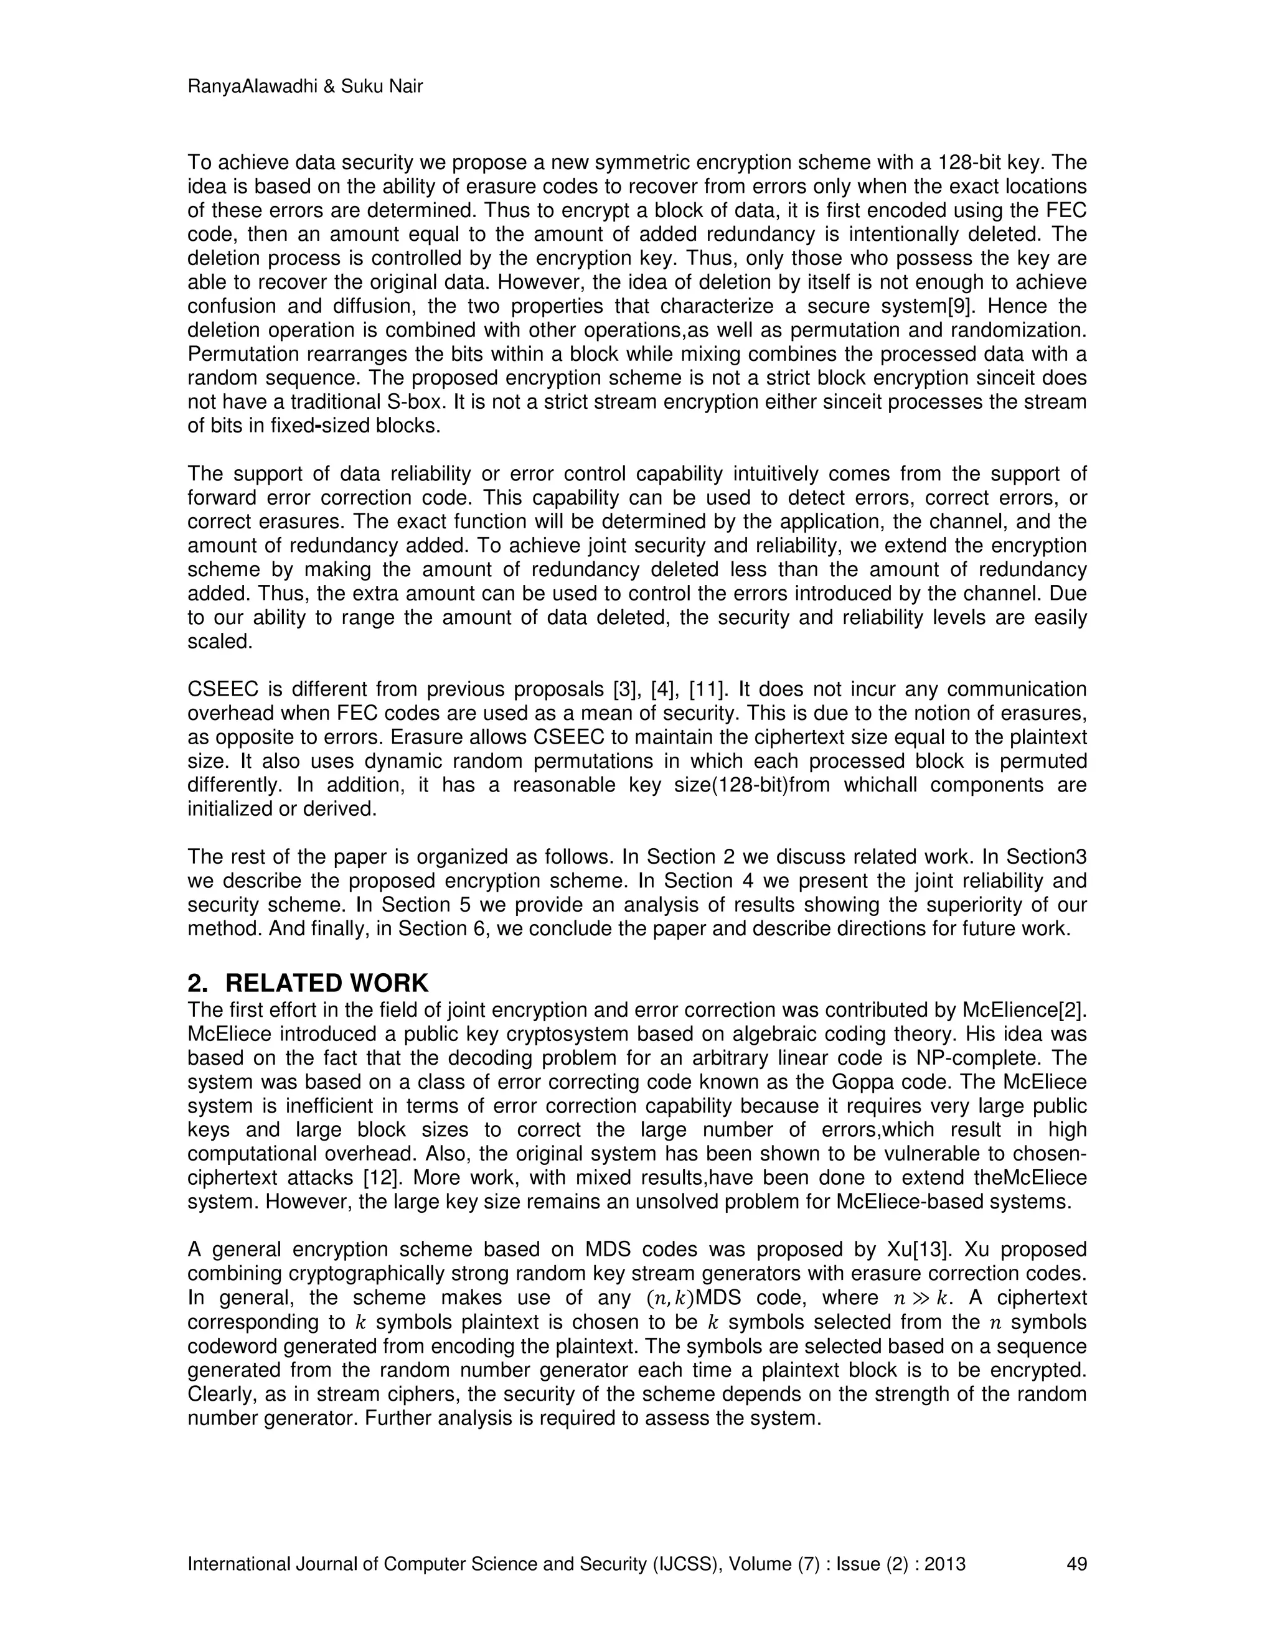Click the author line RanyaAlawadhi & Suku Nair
coord(304,87)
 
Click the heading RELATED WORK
coord(326,983)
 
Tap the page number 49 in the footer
coord(1076,1564)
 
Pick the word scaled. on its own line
coord(219,642)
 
